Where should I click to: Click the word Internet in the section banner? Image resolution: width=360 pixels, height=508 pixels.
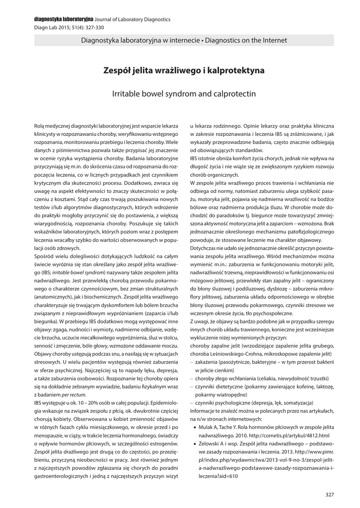(273, 40)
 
